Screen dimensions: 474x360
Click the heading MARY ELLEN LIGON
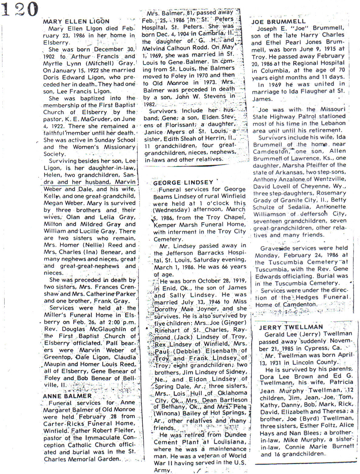pyautogui.click(x=76, y=21)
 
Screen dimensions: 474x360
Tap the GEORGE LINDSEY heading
pyautogui.click(x=183, y=182)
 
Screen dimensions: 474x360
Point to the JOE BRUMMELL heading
pyautogui.click(x=278, y=21)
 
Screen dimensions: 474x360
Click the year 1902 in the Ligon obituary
pyautogui.click(x=49, y=57)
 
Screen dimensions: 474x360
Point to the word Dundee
pyautogui.click(x=235, y=435)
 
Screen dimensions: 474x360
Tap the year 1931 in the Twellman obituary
pyautogui.click(x=272, y=362)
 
